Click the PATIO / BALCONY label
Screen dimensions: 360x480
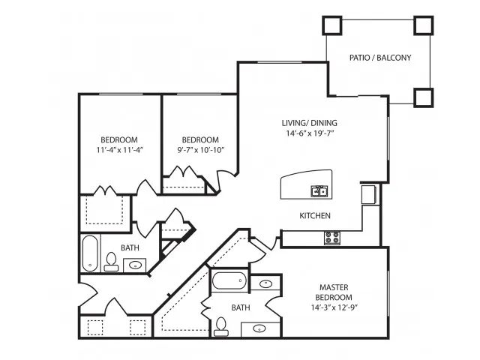[379, 58]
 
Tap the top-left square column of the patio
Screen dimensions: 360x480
[331, 25]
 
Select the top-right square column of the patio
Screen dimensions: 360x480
[424, 25]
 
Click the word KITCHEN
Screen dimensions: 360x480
[316, 216]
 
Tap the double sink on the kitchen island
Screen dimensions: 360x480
[320, 190]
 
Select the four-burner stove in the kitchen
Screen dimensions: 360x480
[331, 238]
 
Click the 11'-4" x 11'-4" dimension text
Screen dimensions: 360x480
[119, 150]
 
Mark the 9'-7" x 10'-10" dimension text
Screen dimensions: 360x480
[200, 150]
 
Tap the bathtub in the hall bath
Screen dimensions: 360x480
[90, 253]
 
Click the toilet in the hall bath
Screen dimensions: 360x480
[112, 260]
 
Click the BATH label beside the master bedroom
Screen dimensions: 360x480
[240, 307]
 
